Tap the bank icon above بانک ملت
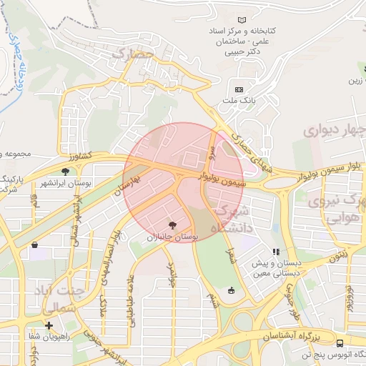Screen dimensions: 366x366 (239, 89)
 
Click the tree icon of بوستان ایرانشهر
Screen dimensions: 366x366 (66, 171)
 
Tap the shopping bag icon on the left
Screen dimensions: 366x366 (34, 245)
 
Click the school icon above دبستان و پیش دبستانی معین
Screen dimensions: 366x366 (275, 252)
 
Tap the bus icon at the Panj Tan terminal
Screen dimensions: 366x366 (339, 342)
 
